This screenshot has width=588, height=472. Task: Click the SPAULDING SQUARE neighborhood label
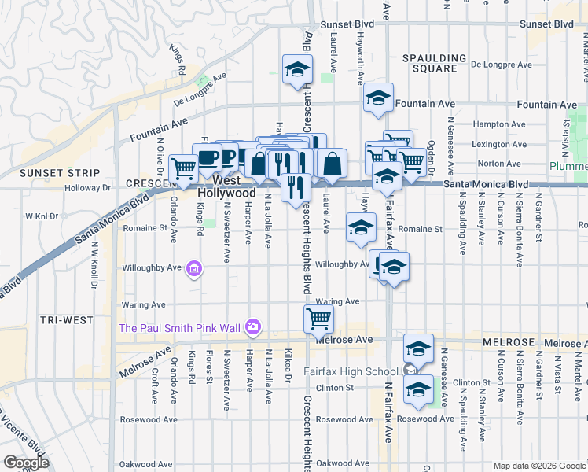429,63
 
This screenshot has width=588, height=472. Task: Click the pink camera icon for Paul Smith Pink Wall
252,326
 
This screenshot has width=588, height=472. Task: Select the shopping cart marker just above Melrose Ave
318,318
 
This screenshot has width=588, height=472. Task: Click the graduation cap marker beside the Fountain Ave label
378,97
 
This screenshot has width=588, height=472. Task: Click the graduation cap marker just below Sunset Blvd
296,68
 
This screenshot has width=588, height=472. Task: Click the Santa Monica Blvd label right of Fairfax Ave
485,184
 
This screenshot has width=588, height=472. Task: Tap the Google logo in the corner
26,463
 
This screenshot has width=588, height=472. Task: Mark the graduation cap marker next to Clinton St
419,389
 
